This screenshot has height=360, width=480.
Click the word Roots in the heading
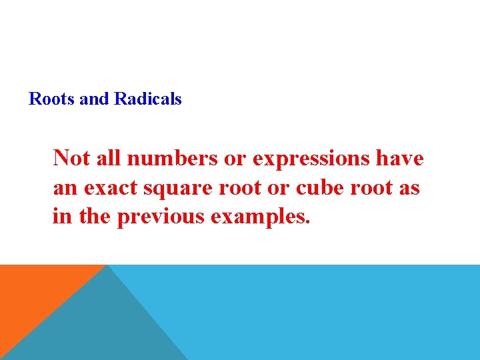(51, 99)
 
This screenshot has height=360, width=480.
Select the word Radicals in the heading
(148, 99)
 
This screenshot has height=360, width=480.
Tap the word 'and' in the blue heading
(93, 99)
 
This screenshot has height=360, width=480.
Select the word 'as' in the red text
(410, 188)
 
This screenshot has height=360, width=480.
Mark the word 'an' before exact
(65, 188)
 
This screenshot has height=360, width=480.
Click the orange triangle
(33, 293)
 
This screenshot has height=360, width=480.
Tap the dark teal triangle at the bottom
(100, 327)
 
